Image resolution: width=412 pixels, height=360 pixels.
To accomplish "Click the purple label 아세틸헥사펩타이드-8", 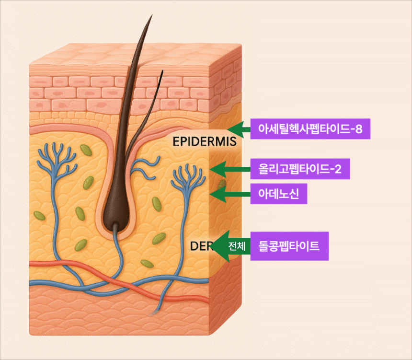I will click(310, 129).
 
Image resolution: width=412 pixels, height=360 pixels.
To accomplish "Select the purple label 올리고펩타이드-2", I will click(299, 169).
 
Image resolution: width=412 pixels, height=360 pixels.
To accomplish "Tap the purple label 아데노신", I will click(278, 195).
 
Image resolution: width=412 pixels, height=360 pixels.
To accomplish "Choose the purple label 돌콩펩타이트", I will click(289, 247).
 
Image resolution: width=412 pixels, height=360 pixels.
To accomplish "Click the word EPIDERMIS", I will click(205, 142).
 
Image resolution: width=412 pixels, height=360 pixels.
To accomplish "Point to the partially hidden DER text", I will click(201, 246).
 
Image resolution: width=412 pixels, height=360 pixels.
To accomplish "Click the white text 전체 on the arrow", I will click(237, 247).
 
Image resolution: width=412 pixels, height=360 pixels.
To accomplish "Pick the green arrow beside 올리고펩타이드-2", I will click(230, 169).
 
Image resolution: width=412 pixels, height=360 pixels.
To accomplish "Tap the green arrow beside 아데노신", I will click(230, 195).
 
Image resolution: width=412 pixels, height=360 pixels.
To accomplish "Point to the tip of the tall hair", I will click(151, 16).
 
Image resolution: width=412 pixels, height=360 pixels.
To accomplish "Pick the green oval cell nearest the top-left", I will click(86, 150).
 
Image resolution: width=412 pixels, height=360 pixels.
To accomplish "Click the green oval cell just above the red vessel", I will click(147, 264).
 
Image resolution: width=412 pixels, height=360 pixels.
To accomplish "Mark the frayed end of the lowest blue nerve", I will click(154, 313).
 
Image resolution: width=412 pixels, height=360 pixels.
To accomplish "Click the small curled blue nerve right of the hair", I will click(146, 166).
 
